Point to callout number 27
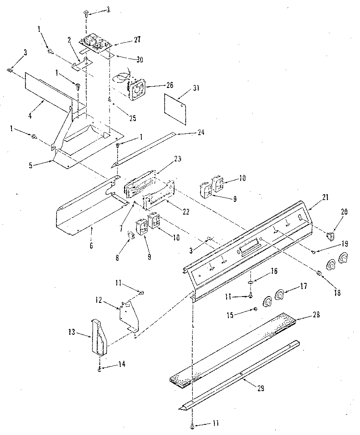(137, 40)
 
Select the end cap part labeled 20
(330, 234)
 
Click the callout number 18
(337, 292)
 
